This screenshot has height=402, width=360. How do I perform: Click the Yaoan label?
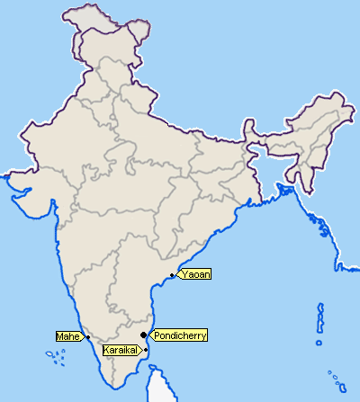tap(195, 273)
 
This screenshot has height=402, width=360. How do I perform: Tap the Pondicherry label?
tap(180, 335)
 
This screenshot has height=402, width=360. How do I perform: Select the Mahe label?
tap(68, 336)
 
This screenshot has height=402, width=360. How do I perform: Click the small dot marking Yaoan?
tap(172, 274)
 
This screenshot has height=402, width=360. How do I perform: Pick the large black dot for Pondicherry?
tap(144, 335)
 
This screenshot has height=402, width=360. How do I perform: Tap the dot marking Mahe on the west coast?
tap(87, 337)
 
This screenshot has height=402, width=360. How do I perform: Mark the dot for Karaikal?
tap(146, 349)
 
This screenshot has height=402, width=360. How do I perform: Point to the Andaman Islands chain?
tap(320, 319)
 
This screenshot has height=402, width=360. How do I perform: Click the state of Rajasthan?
tap(63, 135)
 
